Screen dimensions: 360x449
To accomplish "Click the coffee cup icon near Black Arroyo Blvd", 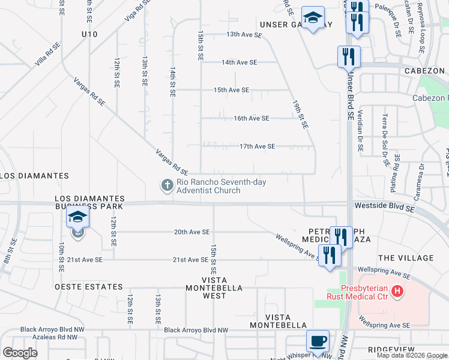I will pyautogui.click(x=318, y=341).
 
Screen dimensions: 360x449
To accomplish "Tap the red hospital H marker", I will pyautogui.click(x=397, y=292).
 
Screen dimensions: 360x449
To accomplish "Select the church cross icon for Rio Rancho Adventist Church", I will pyautogui.click(x=167, y=186).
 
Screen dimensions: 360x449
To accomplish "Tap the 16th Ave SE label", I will pyautogui.click(x=251, y=118).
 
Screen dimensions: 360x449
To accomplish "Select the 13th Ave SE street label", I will pyautogui.click(x=244, y=35).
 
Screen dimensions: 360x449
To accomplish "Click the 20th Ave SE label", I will pyautogui.click(x=191, y=232).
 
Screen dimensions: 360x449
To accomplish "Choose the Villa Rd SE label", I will pyautogui.click(x=47, y=52).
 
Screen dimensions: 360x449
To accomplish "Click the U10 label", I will pyautogui.click(x=89, y=34).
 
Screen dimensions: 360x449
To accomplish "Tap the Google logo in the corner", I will pyautogui.click(x=20, y=352).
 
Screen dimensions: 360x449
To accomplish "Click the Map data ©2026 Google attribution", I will pyautogui.click(x=412, y=355).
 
